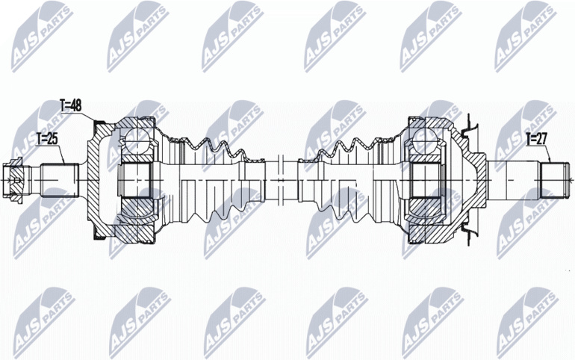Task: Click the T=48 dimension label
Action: point(70,105)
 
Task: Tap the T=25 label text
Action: point(48,139)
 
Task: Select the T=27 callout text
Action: point(536,139)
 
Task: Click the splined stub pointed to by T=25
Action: point(60,180)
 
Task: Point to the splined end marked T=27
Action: point(555,180)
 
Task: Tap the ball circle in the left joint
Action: point(135,140)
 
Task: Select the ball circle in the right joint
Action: point(425,140)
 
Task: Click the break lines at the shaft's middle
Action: point(281,180)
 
